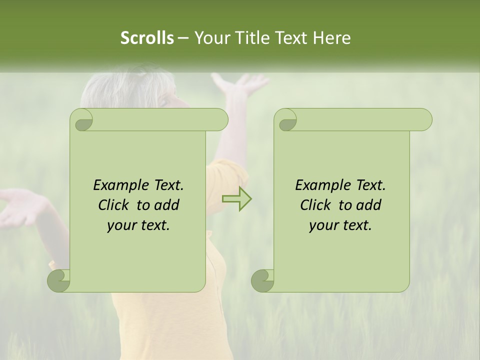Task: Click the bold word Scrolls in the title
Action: pyautogui.click(x=147, y=37)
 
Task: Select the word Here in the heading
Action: pyautogui.click(x=331, y=37)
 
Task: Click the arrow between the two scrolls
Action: pyautogui.click(x=237, y=199)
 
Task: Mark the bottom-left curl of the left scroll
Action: pyautogui.click(x=59, y=280)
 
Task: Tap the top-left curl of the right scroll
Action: pyautogui.click(x=286, y=120)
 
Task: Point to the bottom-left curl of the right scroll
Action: pyautogui.click(x=262, y=280)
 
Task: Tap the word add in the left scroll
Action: pyautogui.click(x=167, y=205)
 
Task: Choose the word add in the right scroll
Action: pyautogui.click(x=369, y=205)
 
